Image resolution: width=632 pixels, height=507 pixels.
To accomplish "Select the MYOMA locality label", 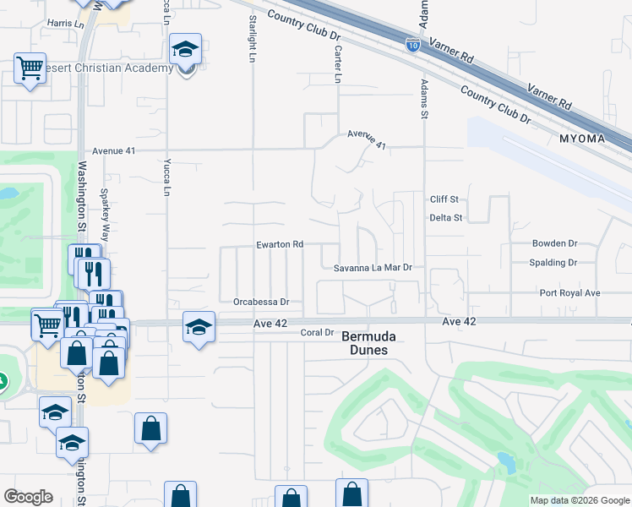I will tap(583, 139).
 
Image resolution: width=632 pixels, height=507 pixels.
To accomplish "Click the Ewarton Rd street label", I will tap(280, 245).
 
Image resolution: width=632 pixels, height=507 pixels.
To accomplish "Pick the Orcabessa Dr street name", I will tap(261, 302).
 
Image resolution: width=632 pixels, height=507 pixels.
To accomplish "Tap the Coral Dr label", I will tap(318, 333).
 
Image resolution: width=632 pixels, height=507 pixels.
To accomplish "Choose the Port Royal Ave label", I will tap(569, 293).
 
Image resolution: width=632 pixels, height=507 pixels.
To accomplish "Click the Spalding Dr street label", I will tap(553, 263).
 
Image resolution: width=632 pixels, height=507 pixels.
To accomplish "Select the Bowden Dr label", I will tap(554, 243).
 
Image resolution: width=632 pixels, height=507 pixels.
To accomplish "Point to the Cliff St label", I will tap(444, 199).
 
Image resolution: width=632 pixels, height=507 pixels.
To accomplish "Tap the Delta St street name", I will tap(445, 218).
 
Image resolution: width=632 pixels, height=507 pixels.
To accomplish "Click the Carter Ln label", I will tap(338, 64).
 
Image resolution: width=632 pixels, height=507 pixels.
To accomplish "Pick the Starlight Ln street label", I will tap(252, 38).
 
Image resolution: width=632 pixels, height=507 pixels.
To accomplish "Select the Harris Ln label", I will tap(68, 24).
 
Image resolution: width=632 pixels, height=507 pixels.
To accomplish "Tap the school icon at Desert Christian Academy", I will tap(185, 50).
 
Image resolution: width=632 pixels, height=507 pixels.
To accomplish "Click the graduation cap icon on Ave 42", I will tap(199, 326).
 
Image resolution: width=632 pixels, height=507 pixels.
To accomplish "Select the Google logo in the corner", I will tap(28, 497).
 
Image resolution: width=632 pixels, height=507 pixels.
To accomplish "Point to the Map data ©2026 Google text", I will tap(579, 500).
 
